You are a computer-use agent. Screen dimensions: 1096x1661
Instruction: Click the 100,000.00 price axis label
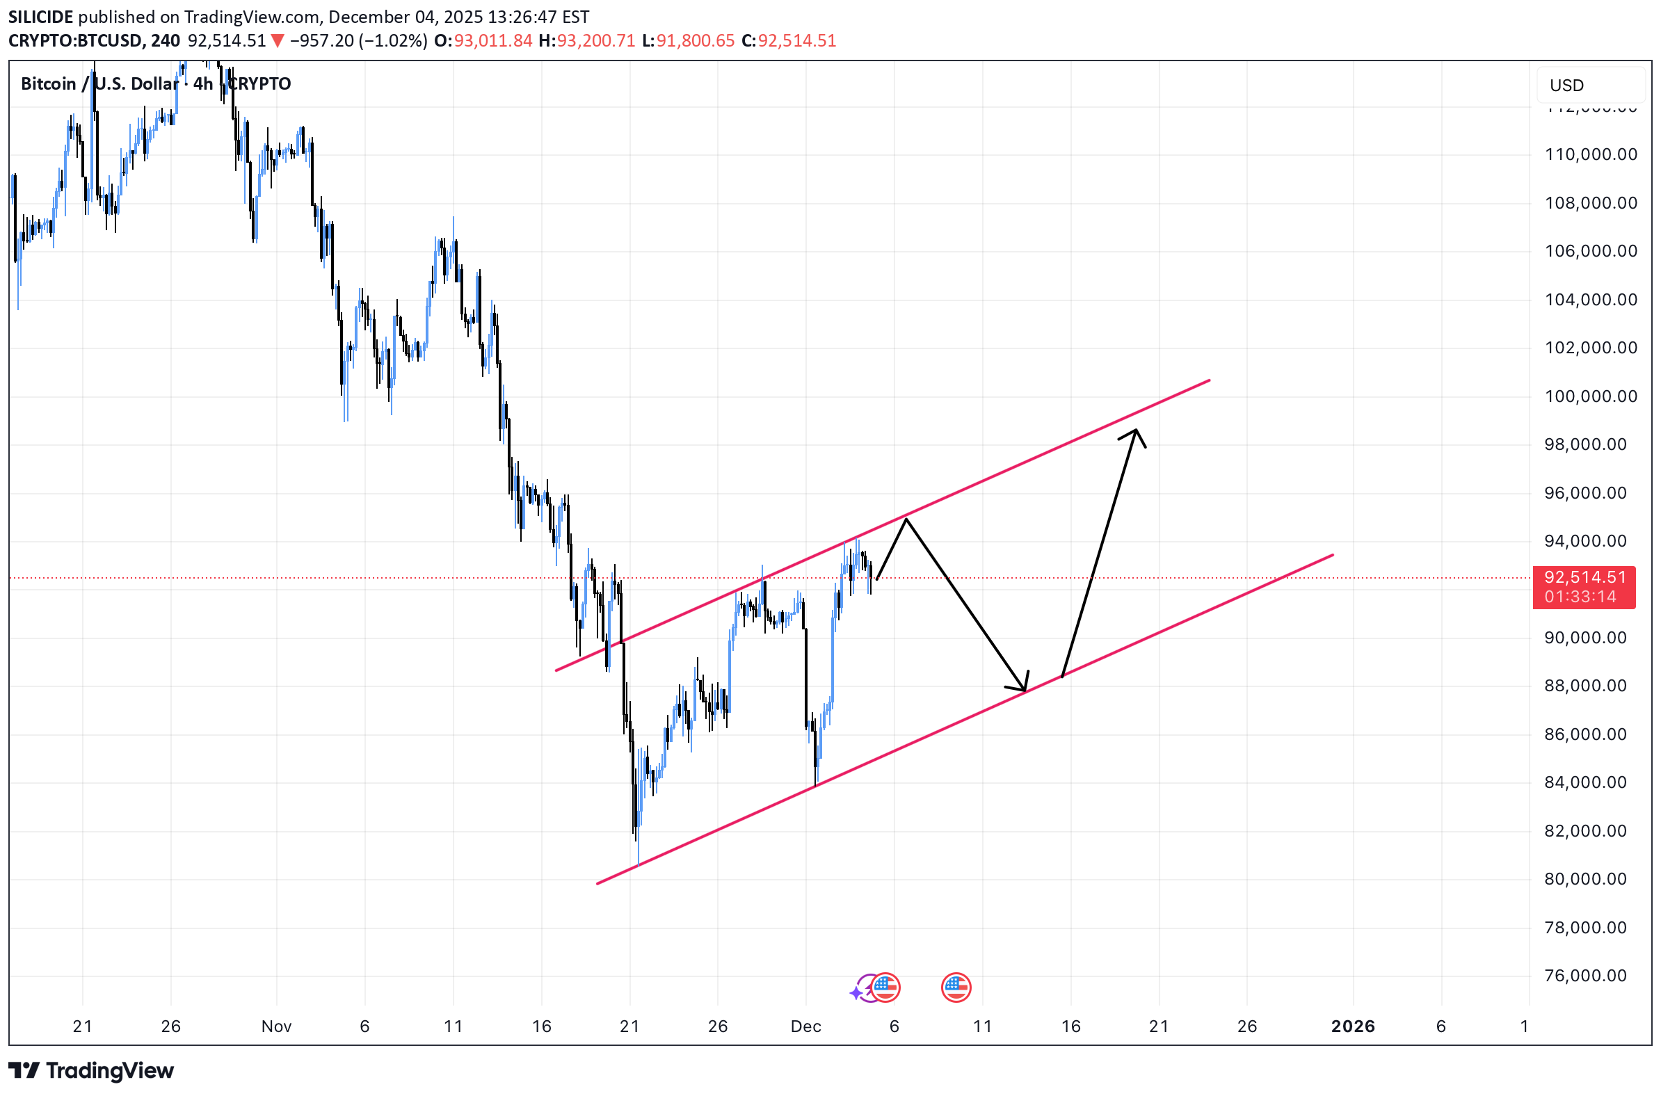(1589, 396)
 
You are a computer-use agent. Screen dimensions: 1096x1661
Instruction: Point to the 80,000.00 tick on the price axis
(1589, 878)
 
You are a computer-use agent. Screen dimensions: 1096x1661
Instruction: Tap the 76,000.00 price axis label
(1589, 975)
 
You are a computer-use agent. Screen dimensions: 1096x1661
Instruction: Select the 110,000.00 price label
(1589, 154)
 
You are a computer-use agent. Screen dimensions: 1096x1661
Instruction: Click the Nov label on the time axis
(276, 1026)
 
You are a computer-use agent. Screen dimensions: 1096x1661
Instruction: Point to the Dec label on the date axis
(805, 1026)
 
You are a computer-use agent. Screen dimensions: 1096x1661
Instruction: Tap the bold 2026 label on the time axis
(1352, 1026)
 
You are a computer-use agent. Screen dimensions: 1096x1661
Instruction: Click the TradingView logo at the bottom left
(91, 1070)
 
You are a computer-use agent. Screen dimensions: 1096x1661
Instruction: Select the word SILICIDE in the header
(40, 17)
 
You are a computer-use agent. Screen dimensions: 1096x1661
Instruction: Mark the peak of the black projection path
(906, 519)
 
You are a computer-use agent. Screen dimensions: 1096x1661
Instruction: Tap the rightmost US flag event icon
(956, 987)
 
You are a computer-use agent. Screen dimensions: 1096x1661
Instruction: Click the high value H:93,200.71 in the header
(586, 40)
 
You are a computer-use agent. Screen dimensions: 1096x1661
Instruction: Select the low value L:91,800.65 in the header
(688, 40)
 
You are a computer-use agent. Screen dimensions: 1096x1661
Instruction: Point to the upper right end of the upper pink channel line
(1209, 381)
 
